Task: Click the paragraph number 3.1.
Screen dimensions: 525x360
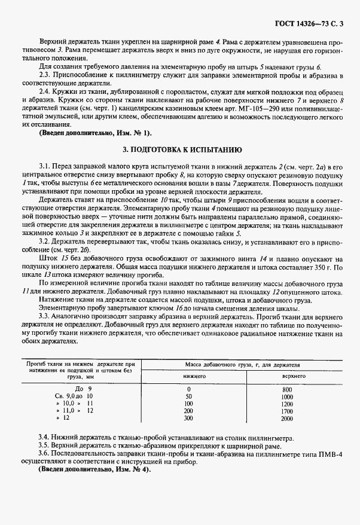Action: (44, 164)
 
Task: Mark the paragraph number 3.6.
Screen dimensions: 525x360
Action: (44, 455)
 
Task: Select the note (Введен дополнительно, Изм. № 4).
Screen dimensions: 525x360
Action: (94, 471)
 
